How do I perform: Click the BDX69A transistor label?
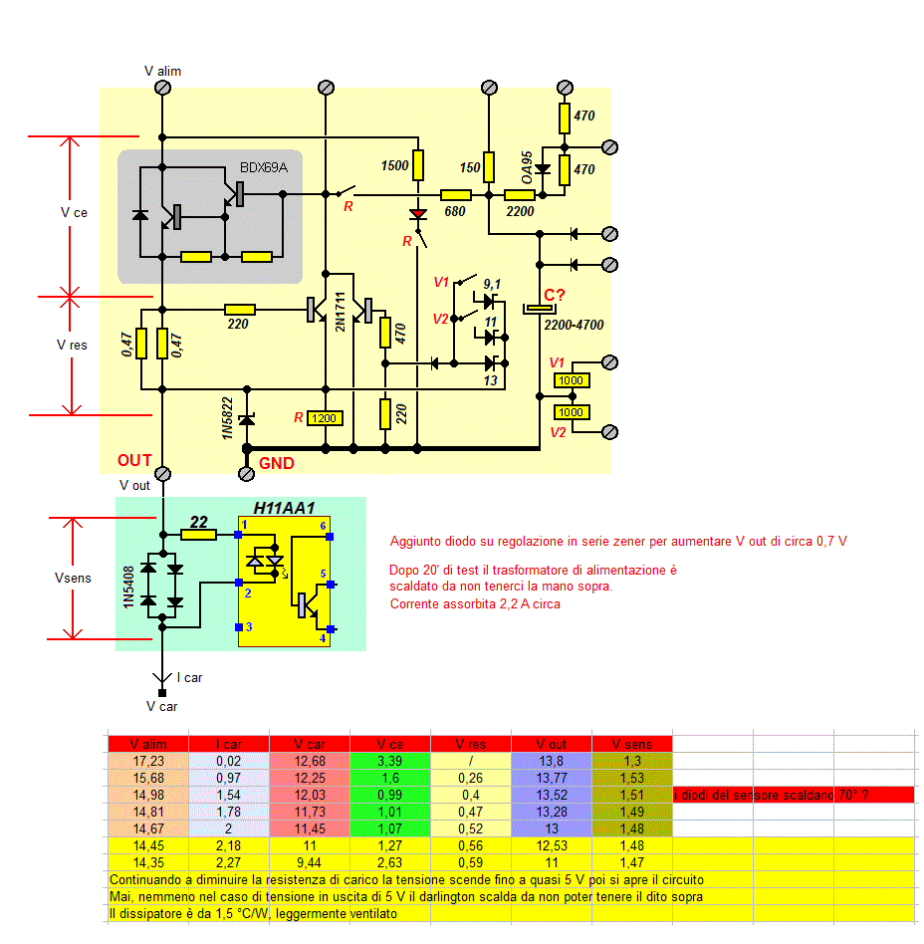(263, 166)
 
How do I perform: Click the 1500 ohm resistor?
(418, 165)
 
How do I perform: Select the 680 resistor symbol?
(455, 195)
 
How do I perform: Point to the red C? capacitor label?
(555, 296)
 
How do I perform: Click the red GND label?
(276, 463)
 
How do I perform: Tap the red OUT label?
(134, 460)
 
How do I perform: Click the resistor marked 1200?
(325, 419)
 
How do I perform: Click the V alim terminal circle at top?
(163, 88)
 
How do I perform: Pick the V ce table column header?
(390, 744)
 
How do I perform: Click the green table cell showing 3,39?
(390, 762)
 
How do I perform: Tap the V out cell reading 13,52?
(552, 795)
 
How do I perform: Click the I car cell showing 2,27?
(228, 862)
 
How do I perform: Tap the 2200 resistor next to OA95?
(520, 195)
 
